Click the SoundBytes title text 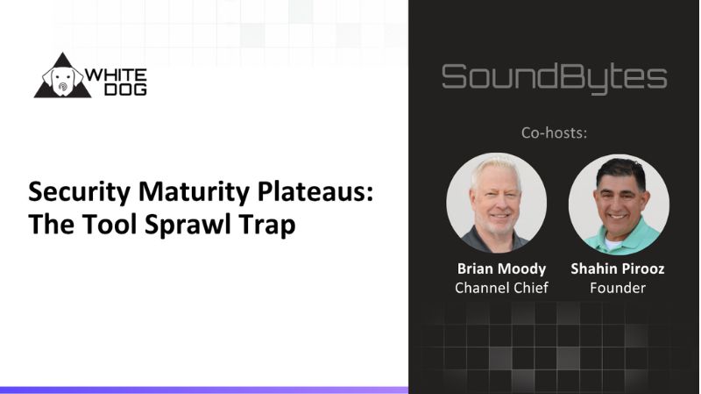point(554,77)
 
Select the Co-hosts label point(554,133)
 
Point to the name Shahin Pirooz point(619,269)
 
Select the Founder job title point(619,288)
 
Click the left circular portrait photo point(496,204)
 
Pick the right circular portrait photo point(619,204)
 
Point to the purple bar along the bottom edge point(203,390)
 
